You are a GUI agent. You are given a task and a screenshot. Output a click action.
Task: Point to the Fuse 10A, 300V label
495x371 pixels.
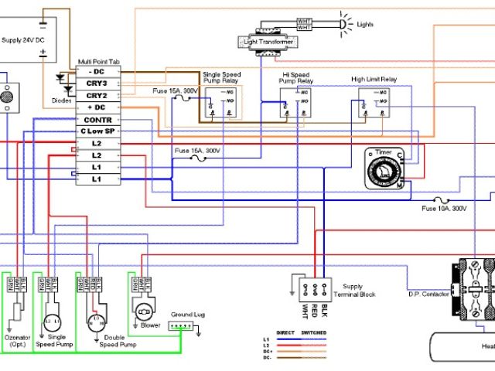point(445,209)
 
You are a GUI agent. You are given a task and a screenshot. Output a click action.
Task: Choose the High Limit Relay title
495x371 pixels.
point(374,79)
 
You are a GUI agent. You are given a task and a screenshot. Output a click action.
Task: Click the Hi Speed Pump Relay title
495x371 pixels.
point(296,77)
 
